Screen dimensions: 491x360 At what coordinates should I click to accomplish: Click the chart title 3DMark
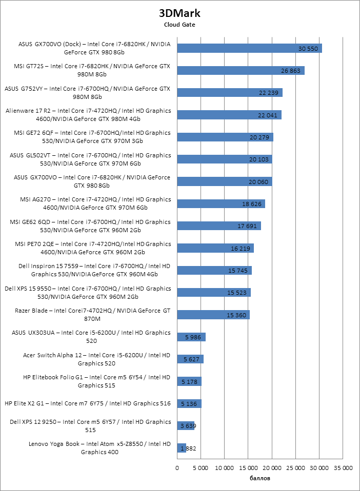179,13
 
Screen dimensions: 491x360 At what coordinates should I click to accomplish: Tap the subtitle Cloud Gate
179,24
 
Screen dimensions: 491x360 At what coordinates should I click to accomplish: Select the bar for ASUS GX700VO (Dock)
249,48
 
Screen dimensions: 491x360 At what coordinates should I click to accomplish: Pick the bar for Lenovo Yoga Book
182,448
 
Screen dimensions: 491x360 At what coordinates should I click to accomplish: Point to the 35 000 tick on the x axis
343,468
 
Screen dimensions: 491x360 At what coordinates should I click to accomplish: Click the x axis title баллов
259,478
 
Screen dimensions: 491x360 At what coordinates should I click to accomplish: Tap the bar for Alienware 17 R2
229,115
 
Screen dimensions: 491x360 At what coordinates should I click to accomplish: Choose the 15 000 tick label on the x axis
248,468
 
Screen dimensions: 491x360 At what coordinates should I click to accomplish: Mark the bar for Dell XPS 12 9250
186,425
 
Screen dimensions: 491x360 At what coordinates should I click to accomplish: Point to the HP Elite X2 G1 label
87,403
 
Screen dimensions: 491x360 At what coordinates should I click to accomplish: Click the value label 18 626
252,203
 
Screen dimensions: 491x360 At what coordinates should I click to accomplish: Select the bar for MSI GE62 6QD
219,226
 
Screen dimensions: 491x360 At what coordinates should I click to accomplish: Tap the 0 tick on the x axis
177,468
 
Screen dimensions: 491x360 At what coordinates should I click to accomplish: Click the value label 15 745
238,270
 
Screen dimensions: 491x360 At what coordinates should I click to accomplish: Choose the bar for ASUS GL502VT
225,159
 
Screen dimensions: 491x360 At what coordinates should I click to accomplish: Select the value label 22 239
269,92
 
